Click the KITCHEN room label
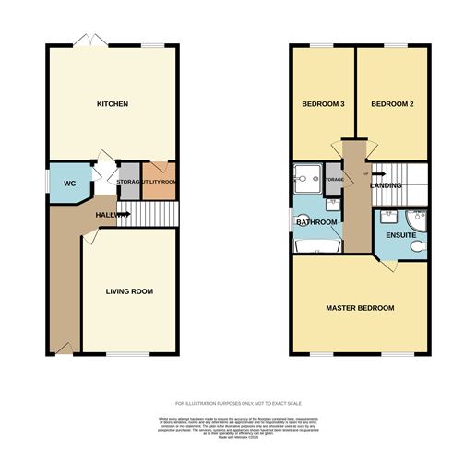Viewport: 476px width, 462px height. pyautogui.click(x=112, y=104)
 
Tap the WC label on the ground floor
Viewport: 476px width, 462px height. pyautogui.click(x=68, y=183)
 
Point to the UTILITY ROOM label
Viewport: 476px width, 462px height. pyautogui.click(x=158, y=182)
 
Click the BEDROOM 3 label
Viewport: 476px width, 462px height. pyautogui.click(x=323, y=104)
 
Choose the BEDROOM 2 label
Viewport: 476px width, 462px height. pyautogui.click(x=391, y=104)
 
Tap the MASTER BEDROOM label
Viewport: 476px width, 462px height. pyautogui.click(x=359, y=307)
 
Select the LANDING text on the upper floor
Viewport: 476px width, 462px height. pyautogui.click(x=386, y=187)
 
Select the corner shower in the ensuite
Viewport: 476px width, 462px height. pyautogui.click(x=416, y=219)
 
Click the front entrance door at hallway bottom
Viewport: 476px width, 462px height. pyautogui.click(x=63, y=348)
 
